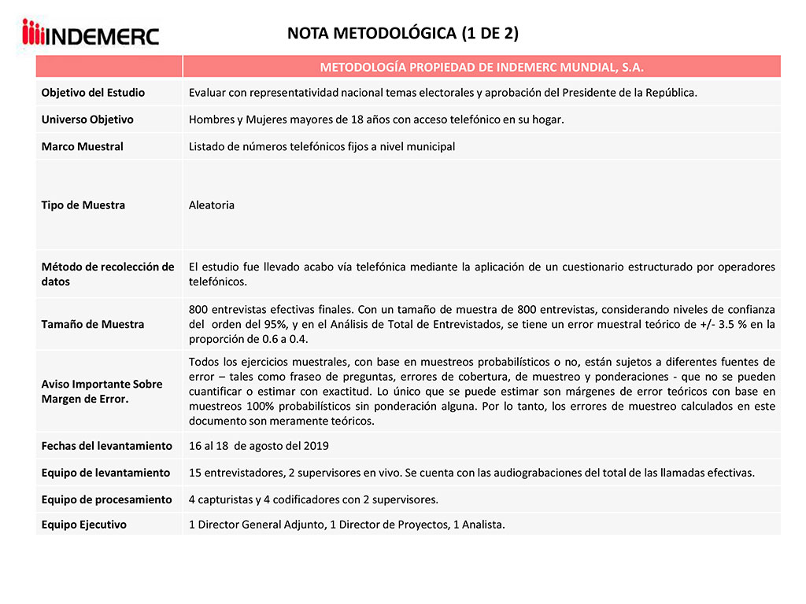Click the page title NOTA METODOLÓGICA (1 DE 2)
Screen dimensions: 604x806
(x=402, y=33)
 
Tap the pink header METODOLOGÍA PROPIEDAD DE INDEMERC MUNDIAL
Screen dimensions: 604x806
(x=482, y=67)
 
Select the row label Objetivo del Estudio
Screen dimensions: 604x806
(x=93, y=93)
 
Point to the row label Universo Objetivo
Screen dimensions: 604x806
(x=87, y=120)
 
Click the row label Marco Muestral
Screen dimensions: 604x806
(x=82, y=146)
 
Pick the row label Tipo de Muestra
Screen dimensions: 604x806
(x=83, y=205)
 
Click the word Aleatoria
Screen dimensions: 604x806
(x=212, y=205)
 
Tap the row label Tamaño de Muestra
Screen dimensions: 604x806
(x=93, y=324)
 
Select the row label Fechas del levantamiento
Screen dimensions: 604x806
(x=106, y=446)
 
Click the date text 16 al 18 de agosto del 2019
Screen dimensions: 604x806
(x=259, y=446)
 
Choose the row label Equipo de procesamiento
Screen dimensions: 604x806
(x=106, y=499)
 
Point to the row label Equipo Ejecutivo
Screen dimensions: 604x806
(x=83, y=525)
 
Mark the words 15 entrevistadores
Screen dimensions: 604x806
(x=230, y=473)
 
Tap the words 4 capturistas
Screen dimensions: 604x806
(x=220, y=499)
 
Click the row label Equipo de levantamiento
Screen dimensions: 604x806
(x=105, y=473)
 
